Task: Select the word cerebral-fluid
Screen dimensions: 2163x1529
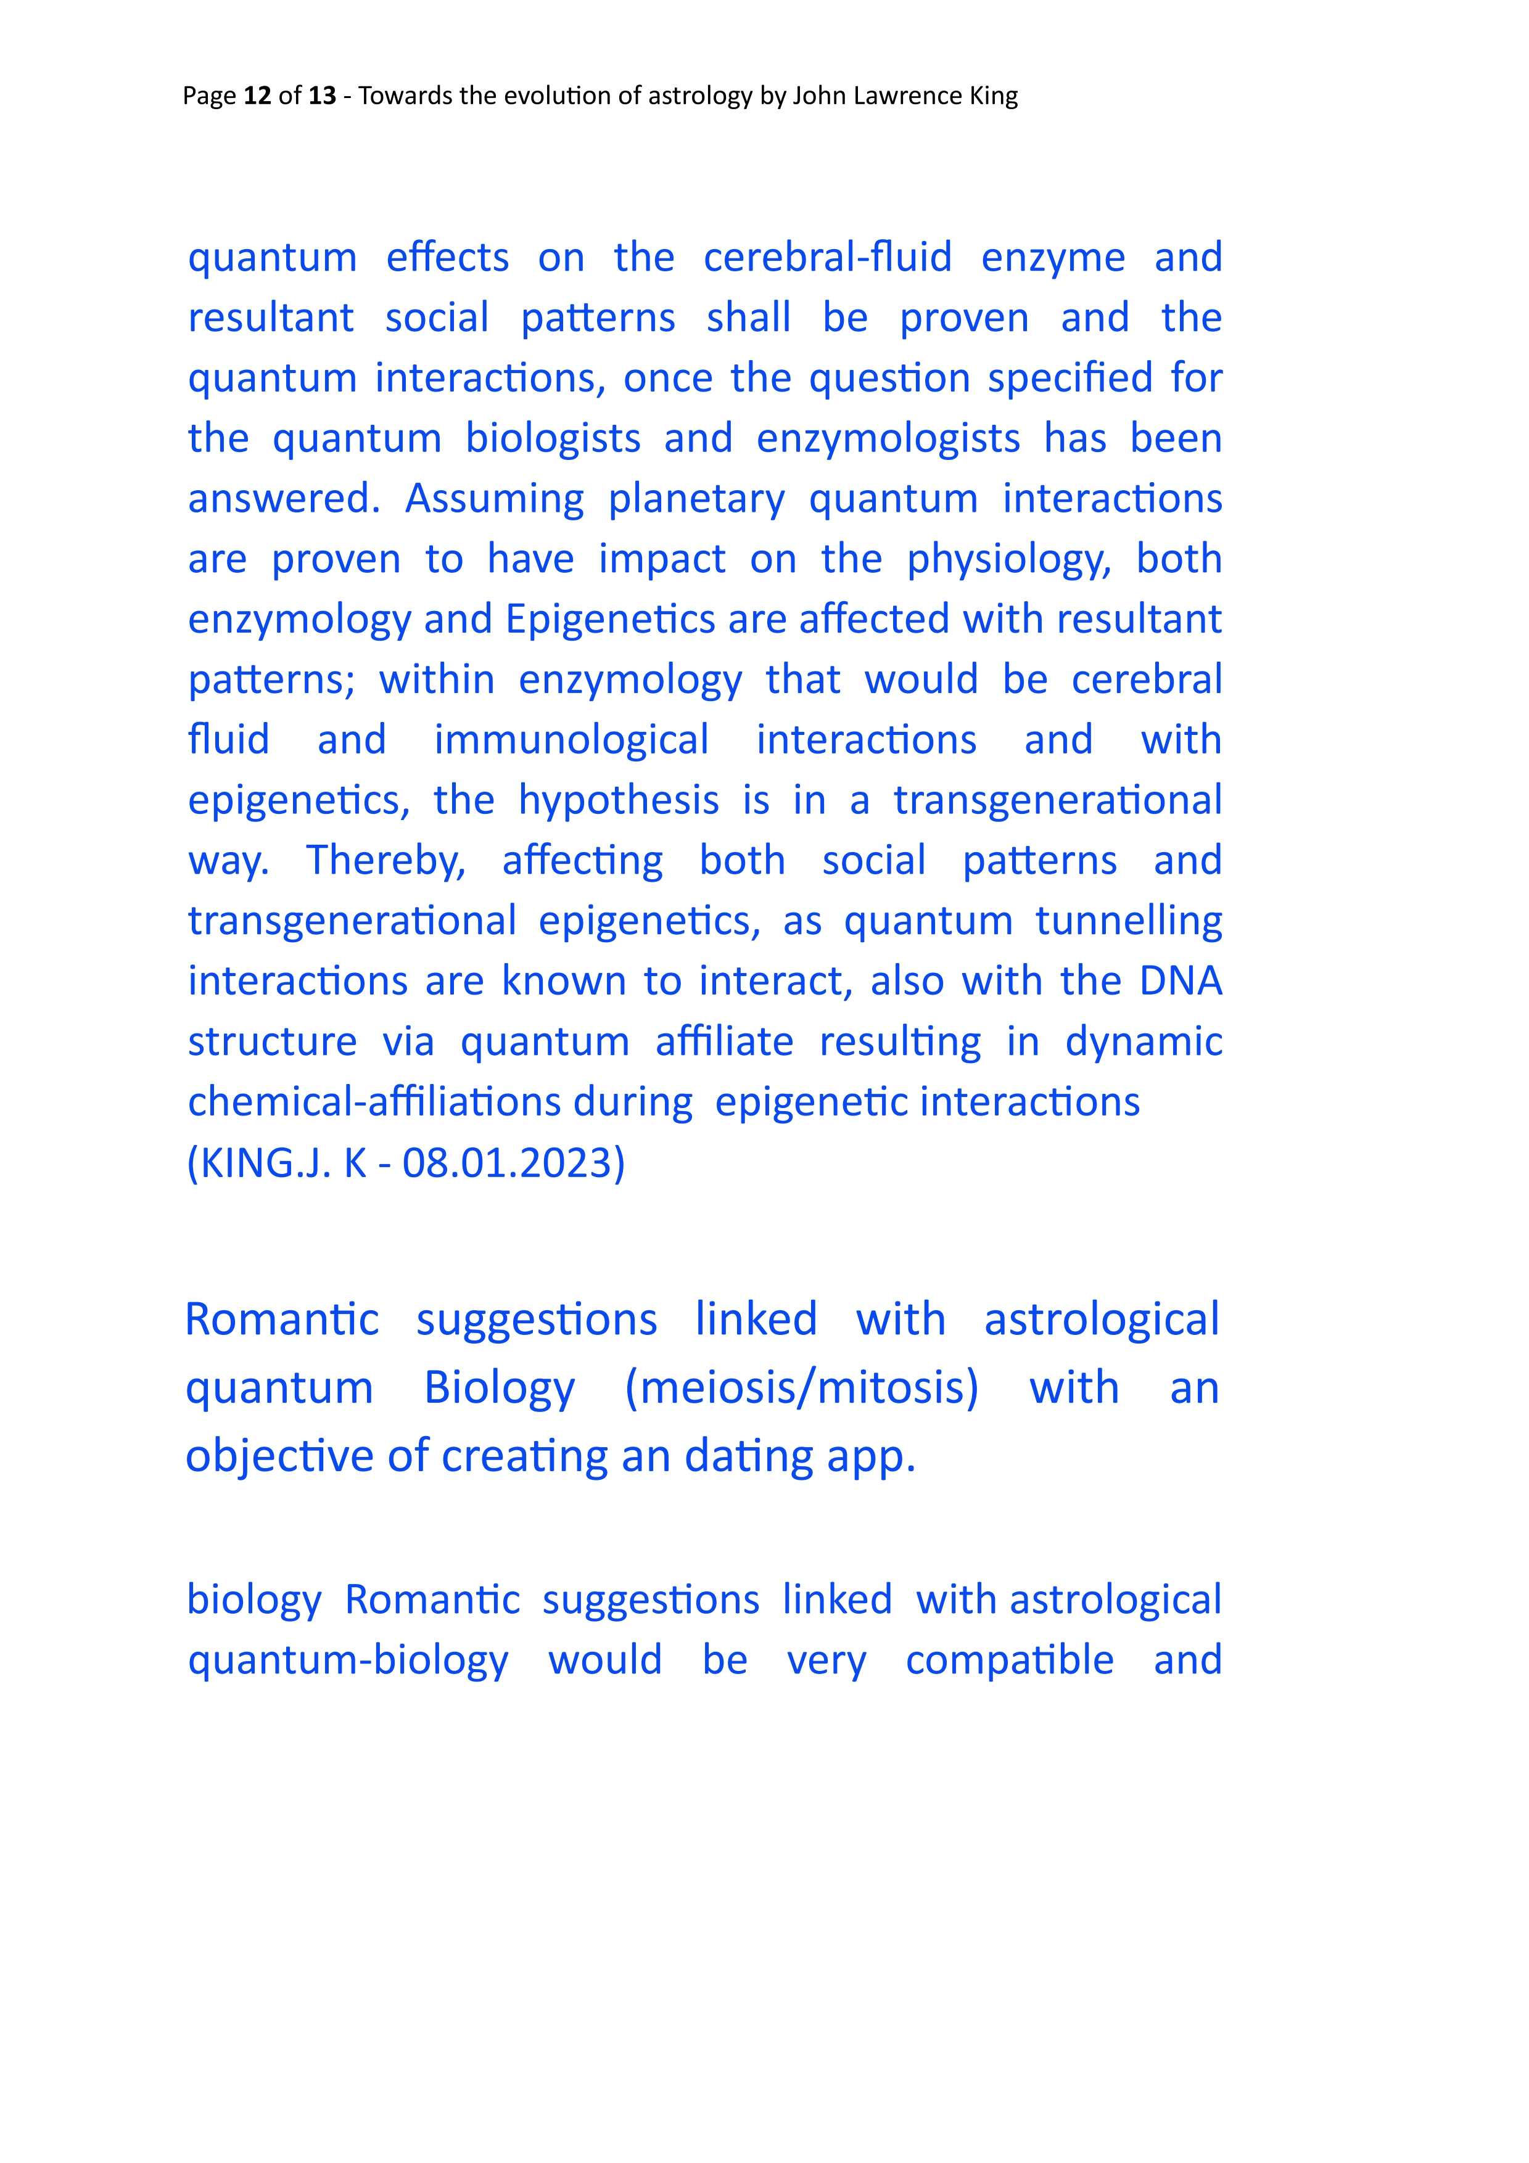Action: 827,257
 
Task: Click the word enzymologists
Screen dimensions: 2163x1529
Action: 888,439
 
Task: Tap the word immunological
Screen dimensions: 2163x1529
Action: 571,741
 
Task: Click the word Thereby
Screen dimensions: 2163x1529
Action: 386,861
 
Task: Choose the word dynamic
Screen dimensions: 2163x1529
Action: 1143,1042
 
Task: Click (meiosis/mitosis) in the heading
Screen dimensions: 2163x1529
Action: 802,1389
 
